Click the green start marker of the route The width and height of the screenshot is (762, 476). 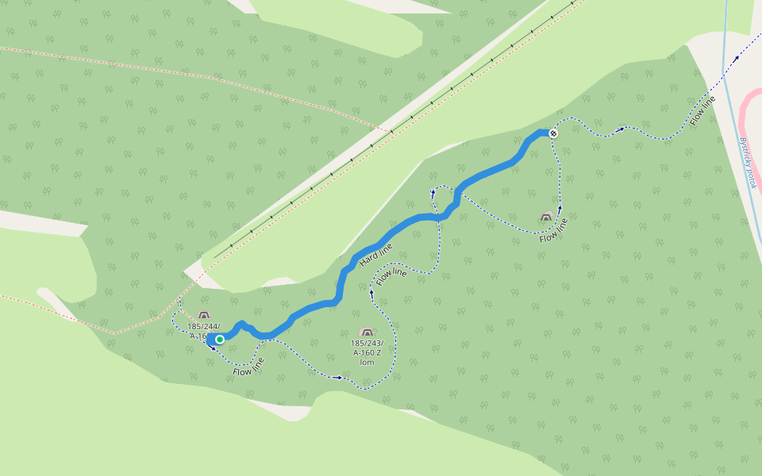(x=220, y=339)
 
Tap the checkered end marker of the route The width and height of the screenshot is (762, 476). (x=553, y=132)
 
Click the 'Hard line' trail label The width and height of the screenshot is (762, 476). (x=375, y=255)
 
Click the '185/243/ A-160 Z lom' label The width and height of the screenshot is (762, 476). (x=367, y=351)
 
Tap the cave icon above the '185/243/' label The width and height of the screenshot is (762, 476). (x=366, y=332)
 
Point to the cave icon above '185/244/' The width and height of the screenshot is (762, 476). (x=204, y=315)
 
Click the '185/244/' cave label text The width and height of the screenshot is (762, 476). (x=204, y=326)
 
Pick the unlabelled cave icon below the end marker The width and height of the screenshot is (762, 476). (x=546, y=217)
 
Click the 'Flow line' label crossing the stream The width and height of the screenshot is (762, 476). (x=703, y=110)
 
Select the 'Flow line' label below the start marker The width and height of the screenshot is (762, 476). (x=249, y=367)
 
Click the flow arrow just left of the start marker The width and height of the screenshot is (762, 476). (x=212, y=347)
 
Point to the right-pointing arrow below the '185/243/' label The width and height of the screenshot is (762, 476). (x=340, y=378)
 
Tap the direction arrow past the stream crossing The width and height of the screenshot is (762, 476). (x=737, y=57)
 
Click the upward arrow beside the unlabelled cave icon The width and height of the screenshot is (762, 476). (x=560, y=208)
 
